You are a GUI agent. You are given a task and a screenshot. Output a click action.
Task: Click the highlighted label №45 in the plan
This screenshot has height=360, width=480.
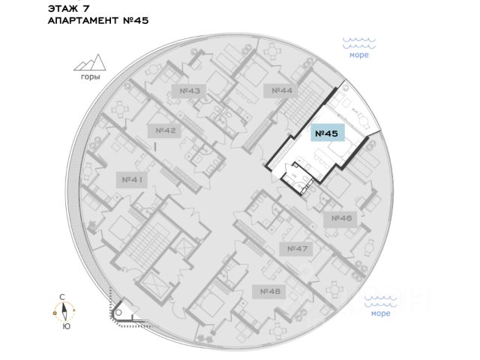[326, 134]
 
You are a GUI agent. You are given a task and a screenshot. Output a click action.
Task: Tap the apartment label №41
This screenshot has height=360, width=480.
[131, 180]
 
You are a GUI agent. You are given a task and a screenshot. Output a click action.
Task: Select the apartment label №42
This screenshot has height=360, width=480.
[166, 130]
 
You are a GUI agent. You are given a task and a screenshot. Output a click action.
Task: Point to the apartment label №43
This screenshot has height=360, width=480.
[190, 91]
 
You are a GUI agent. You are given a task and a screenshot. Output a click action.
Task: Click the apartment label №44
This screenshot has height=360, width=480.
[281, 91]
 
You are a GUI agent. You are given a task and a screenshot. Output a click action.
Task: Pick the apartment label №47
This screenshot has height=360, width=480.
[298, 248]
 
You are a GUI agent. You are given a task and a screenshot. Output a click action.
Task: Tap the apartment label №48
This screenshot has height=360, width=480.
[270, 290]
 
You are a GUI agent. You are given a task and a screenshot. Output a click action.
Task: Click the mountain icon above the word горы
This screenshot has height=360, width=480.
[90, 64]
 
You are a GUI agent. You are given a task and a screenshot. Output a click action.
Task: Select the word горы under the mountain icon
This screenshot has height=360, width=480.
[90, 77]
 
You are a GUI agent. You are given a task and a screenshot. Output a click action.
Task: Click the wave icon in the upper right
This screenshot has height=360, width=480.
[358, 43]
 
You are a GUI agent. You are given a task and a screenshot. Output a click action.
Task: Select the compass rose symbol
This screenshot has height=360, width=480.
[66, 311]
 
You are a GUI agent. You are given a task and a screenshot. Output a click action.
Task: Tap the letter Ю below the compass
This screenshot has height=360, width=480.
[66, 326]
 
